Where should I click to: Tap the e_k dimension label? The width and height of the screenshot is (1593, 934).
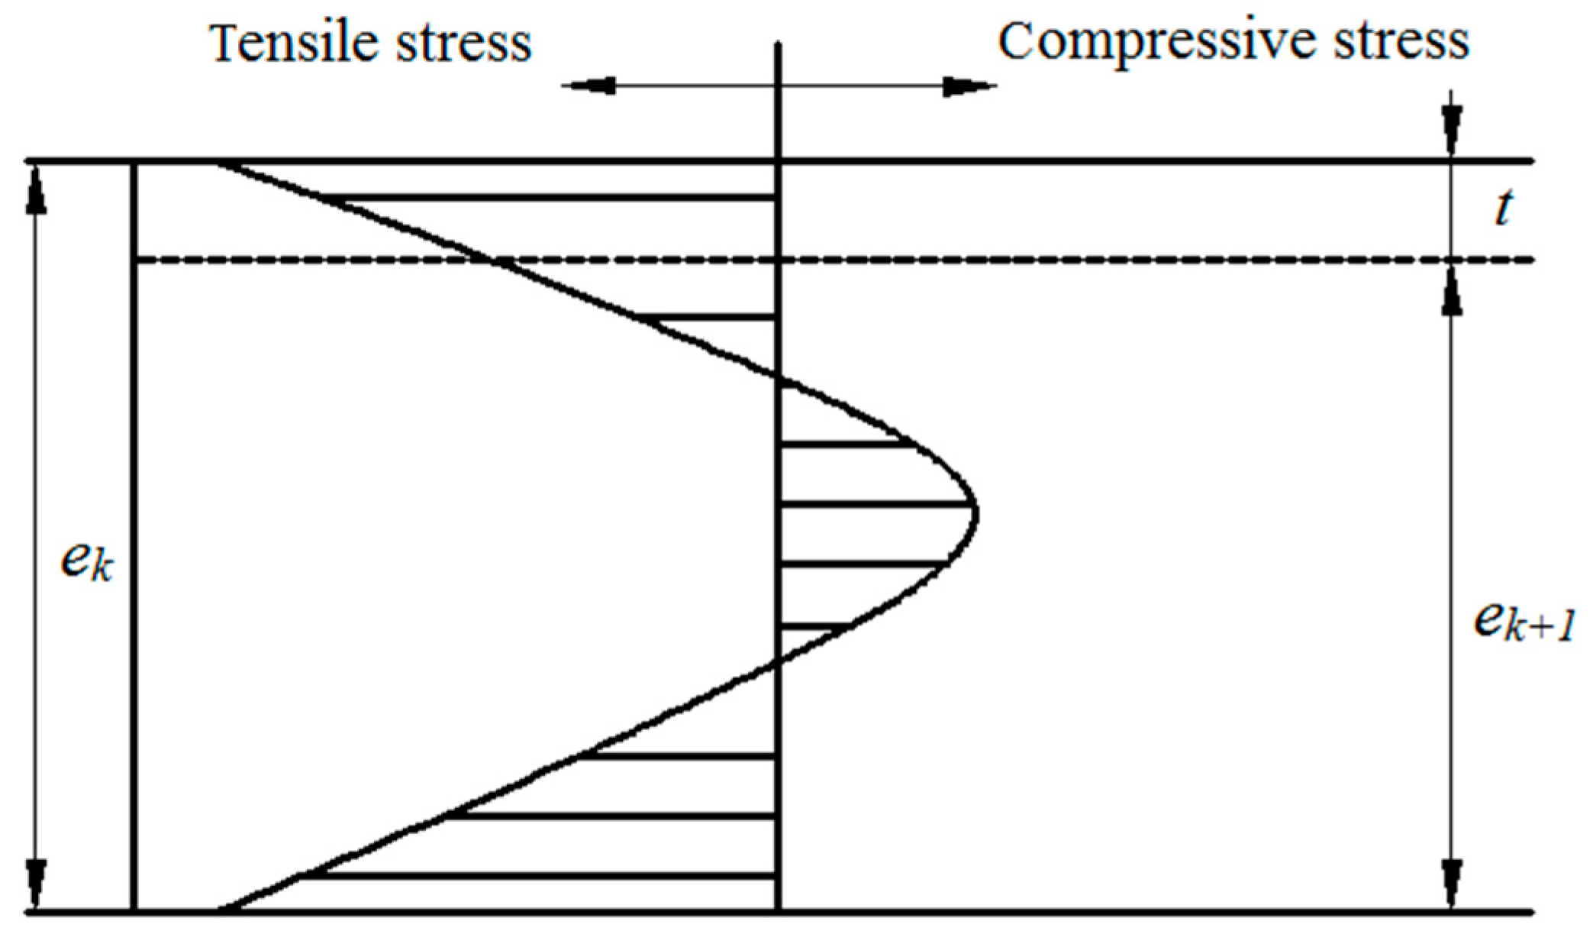tap(85, 564)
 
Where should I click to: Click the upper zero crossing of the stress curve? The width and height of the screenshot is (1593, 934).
tap(778, 377)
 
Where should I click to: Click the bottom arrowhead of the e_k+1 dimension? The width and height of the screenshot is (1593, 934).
tap(1453, 886)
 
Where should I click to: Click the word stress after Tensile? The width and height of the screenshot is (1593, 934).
tap(463, 44)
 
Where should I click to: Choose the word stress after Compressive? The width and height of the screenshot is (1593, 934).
tap(1401, 42)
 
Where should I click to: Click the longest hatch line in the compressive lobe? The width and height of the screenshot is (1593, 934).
tap(878, 505)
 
